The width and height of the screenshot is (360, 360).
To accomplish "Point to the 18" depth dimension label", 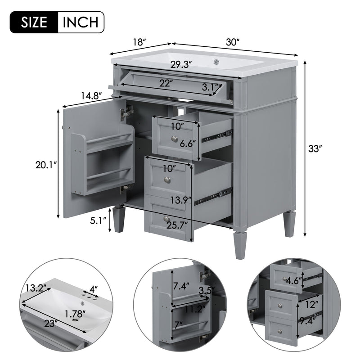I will point(140,42).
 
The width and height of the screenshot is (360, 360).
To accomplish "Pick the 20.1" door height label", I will point(46,165).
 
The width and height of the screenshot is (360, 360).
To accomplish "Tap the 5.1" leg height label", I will point(98,220).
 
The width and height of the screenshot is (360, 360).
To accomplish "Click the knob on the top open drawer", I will point(174,138).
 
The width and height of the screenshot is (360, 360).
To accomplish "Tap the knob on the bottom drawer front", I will point(166,219).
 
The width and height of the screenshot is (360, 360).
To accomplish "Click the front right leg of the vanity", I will point(240,245).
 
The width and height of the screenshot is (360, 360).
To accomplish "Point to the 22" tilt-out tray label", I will point(166,83).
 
